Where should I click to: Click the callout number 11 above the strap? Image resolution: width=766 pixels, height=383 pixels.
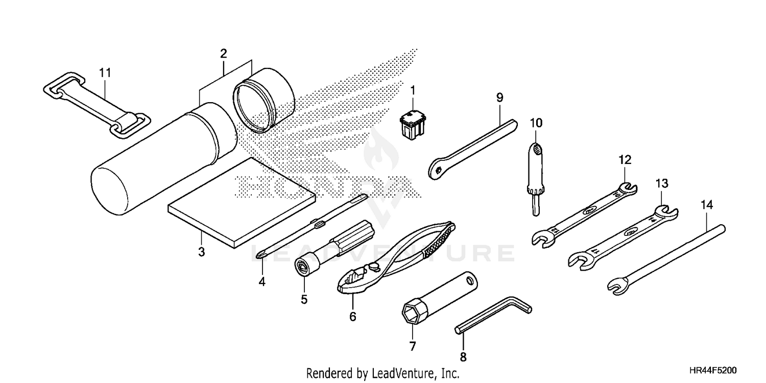(x=105, y=73)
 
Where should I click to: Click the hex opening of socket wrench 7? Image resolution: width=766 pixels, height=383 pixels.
(x=412, y=311)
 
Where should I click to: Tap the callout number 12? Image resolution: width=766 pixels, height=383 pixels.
(x=625, y=160)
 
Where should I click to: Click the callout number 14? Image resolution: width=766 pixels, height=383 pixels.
(x=707, y=205)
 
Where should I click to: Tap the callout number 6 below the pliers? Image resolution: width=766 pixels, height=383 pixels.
(x=352, y=317)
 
